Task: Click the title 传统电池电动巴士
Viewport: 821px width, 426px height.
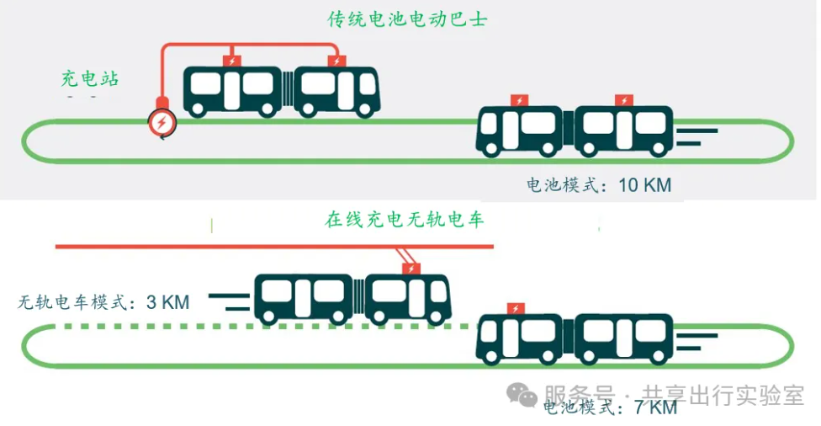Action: (x=408, y=19)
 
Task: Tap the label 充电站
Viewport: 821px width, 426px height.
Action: (x=89, y=79)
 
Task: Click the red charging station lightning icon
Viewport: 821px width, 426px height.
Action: (x=161, y=123)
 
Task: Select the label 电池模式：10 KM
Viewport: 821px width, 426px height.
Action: (x=599, y=185)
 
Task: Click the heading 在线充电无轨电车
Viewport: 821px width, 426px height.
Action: (x=405, y=221)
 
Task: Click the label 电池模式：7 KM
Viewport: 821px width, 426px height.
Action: (x=610, y=408)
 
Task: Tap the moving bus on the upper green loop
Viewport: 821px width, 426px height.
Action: (x=575, y=130)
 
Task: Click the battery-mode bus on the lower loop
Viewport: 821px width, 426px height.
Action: (x=575, y=338)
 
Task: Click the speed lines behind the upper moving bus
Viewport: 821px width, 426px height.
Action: (x=699, y=136)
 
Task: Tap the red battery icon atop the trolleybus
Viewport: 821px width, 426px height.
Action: (x=411, y=269)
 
